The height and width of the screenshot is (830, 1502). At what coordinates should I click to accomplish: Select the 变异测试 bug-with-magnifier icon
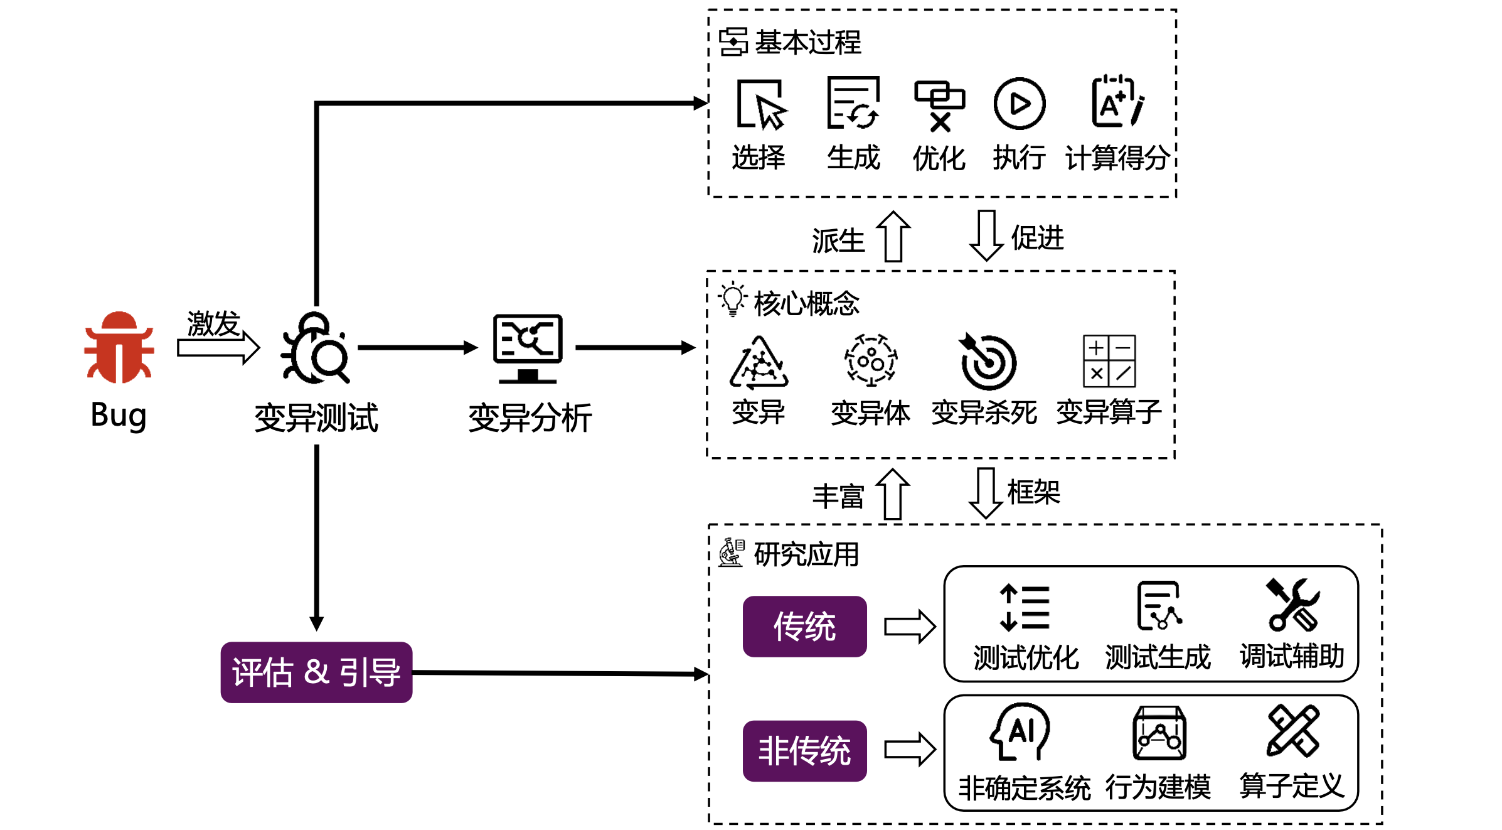(316, 348)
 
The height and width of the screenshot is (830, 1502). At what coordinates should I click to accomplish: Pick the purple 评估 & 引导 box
(316, 672)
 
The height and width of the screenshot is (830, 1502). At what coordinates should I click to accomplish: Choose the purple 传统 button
(804, 627)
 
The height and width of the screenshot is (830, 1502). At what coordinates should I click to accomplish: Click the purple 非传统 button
(804, 751)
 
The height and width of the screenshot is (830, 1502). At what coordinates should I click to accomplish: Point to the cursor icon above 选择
(762, 104)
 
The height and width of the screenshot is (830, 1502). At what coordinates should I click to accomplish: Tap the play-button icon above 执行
(1020, 104)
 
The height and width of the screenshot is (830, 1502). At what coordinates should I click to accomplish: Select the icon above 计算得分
(1117, 102)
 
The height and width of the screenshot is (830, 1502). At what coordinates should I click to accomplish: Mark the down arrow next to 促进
(986, 235)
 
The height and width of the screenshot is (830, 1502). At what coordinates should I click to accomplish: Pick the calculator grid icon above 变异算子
(1109, 361)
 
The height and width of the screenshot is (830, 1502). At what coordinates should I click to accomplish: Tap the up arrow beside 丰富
(893, 494)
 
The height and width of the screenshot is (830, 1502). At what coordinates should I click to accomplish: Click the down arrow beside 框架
(986, 493)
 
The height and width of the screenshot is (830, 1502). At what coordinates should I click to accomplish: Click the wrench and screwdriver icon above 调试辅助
(1292, 605)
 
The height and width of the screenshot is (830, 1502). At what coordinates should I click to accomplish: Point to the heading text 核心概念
(806, 304)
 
